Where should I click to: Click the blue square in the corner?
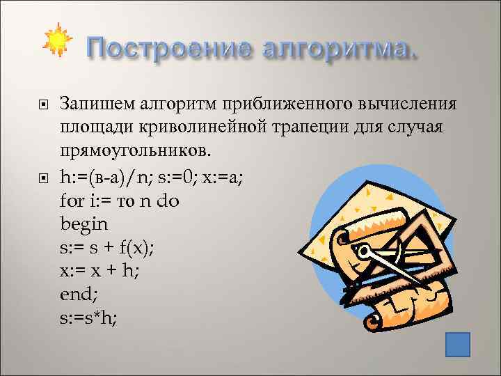(x=457, y=344)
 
